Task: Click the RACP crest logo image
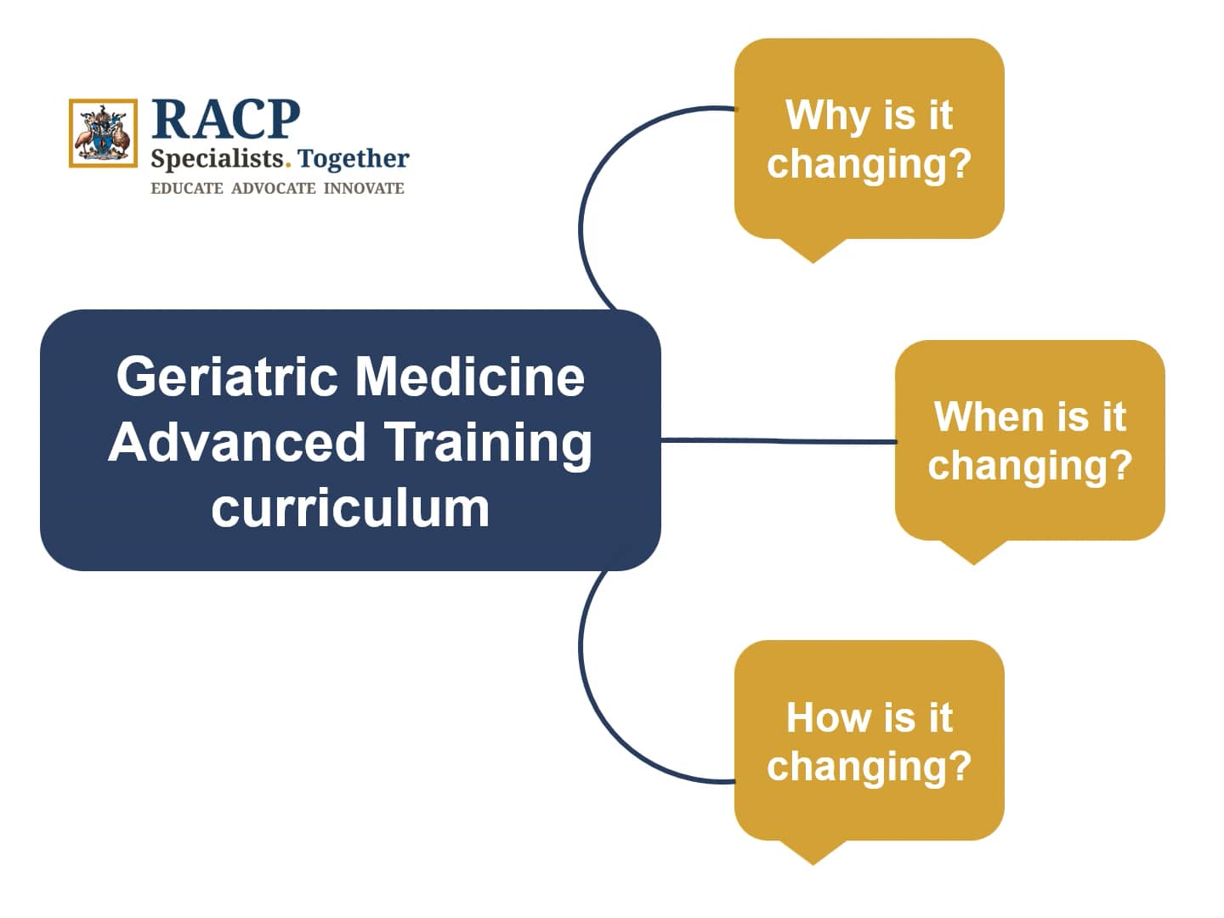tap(103, 133)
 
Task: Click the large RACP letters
tap(225, 119)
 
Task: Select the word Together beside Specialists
tap(354, 159)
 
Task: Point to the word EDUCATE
tap(186, 189)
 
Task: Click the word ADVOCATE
tap(273, 189)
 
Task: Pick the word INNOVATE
tap(364, 189)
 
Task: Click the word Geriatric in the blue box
tap(227, 377)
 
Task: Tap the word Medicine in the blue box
tap(470, 377)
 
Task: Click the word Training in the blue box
tap(488, 442)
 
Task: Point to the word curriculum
tap(350, 508)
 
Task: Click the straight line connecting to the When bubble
tap(778, 440)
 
